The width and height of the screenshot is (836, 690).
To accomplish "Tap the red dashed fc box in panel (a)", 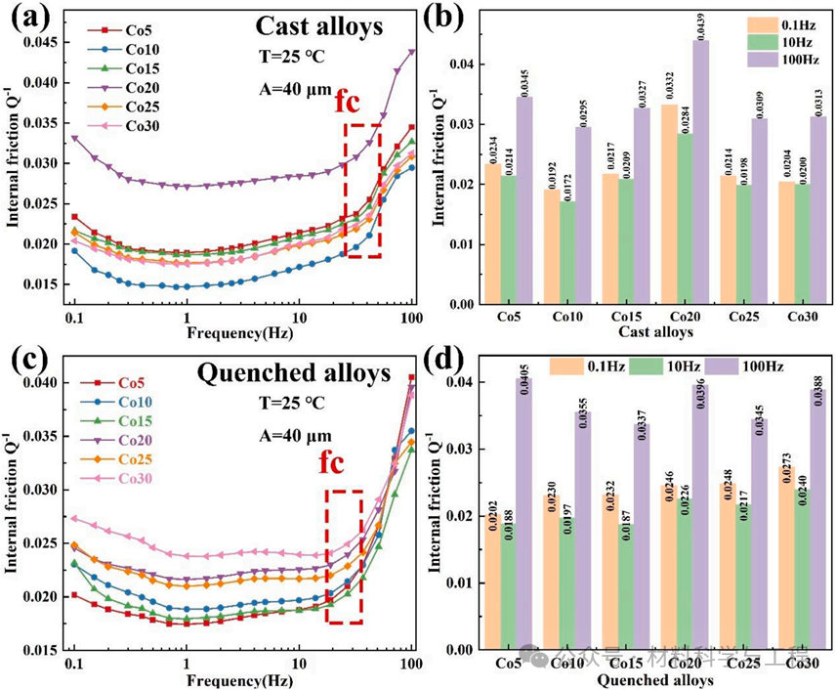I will [362, 191].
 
